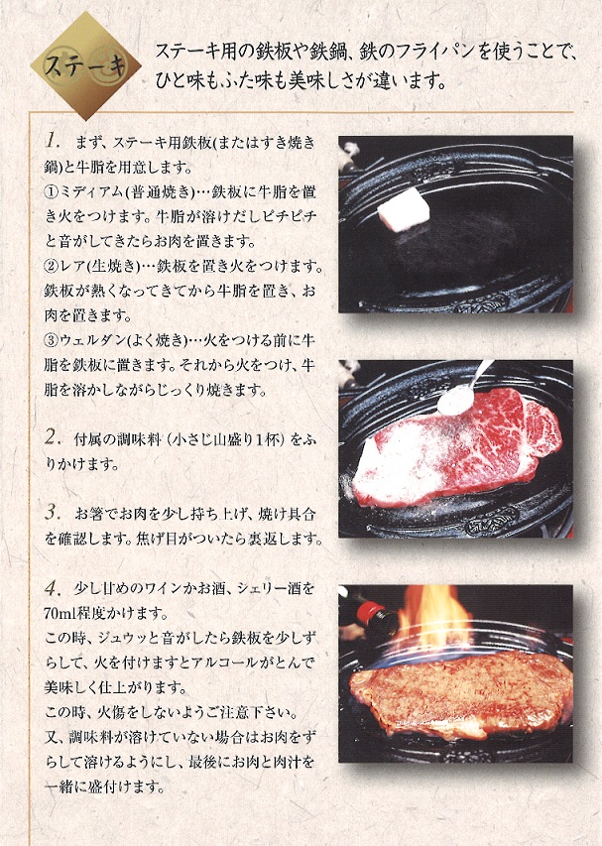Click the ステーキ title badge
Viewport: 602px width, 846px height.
point(84,66)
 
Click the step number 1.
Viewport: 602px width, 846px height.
point(54,142)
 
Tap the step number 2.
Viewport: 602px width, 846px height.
point(54,435)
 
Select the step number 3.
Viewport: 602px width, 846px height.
point(54,513)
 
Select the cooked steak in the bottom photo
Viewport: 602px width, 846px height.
point(461,694)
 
